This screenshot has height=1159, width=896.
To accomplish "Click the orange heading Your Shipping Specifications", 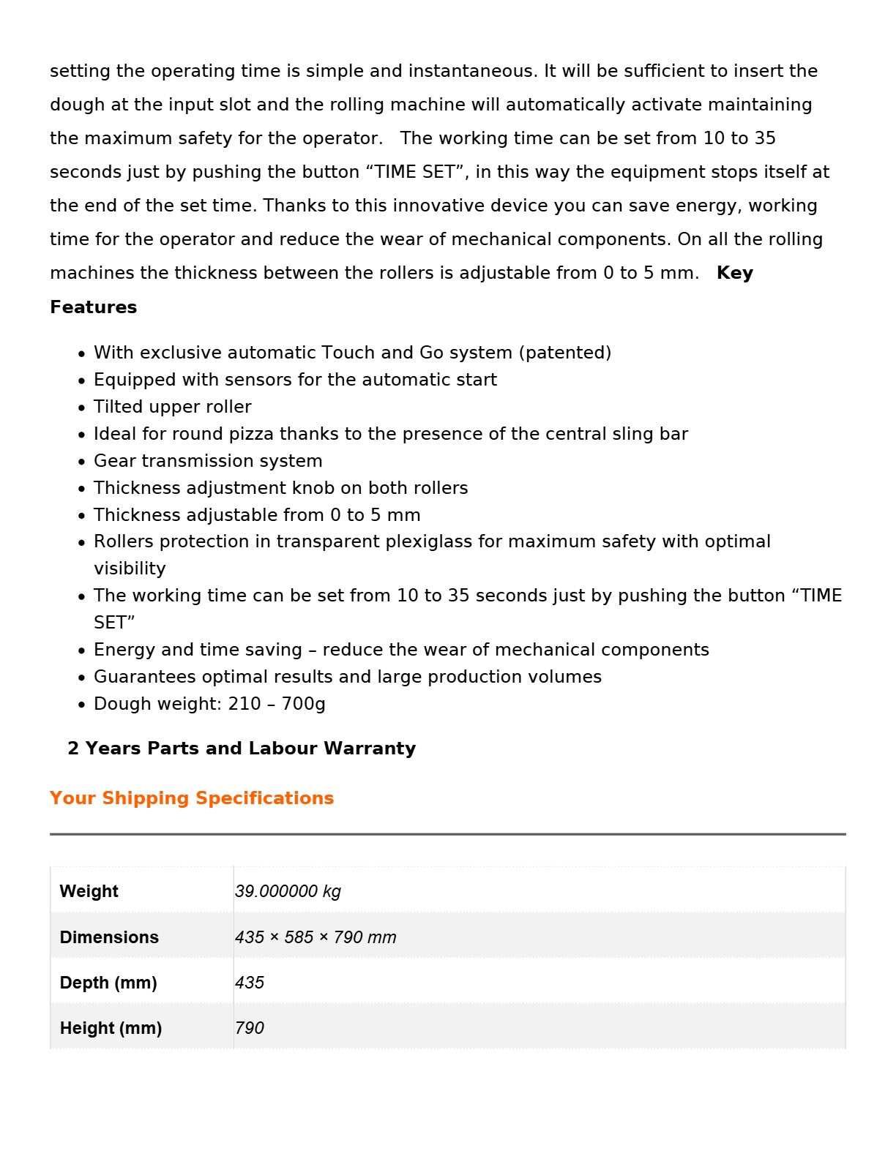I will click(192, 798).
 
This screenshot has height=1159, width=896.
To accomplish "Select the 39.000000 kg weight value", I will click(288, 891).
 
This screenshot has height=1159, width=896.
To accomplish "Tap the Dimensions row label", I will click(109, 937).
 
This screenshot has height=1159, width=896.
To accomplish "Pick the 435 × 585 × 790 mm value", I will click(316, 937).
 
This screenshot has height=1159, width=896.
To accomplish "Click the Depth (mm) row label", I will click(108, 983).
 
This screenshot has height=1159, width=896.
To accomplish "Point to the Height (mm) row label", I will click(111, 1028).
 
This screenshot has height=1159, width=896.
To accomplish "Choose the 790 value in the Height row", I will click(250, 1028).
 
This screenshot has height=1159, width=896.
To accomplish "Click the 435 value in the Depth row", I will click(250, 983).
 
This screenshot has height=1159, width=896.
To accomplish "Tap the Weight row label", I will click(89, 891).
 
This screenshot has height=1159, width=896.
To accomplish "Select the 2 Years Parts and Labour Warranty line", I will click(242, 748).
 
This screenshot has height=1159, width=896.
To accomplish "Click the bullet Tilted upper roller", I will click(173, 407).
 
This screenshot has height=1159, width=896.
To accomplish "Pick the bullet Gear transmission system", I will click(208, 461).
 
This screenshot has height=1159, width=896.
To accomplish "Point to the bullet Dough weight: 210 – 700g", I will click(209, 704).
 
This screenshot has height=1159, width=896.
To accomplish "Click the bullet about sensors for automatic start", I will click(295, 380).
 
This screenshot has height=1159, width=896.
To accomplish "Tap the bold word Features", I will click(93, 307).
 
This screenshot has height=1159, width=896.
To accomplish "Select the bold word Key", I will click(735, 273).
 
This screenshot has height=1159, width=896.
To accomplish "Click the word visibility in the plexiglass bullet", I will click(130, 569).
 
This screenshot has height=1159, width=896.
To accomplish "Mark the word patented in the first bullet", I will click(564, 353).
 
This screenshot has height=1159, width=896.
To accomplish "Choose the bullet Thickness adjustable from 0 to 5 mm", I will click(257, 515).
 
